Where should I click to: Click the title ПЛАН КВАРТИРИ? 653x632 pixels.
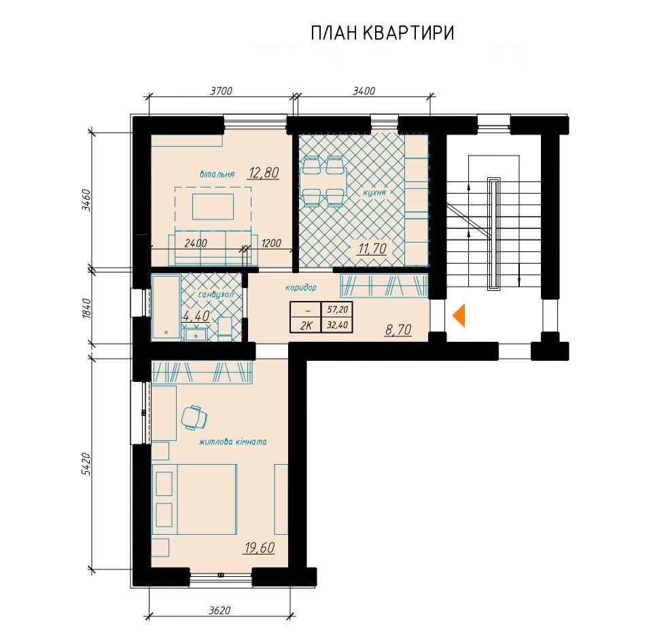pyautogui.click(x=383, y=33)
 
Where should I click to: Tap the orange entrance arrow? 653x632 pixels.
pyautogui.click(x=459, y=315)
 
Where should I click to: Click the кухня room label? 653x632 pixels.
pyautogui.click(x=374, y=192)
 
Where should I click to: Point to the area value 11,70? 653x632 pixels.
pyautogui.click(x=372, y=249)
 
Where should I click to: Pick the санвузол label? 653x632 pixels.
pyautogui.click(x=215, y=294)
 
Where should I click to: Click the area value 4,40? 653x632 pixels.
pyautogui.click(x=196, y=315)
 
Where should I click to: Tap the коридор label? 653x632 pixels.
pyautogui.click(x=301, y=287)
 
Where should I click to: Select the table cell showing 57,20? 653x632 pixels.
pyautogui.click(x=337, y=311)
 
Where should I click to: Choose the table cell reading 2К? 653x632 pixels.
pyautogui.click(x=306, y=326)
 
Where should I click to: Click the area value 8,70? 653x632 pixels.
pyautogui.click(x=399, y=330)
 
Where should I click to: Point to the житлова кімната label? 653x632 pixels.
pyautogui.click(x=233, y=442)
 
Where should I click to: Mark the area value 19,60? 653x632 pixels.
pyautogui.click(x=260, y=548)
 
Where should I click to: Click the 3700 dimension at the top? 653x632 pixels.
pyautogui.click(x=221, y=91)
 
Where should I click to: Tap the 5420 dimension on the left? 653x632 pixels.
pyautogui.click(x=86, y=464)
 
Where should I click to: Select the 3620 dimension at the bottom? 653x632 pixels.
pyautogui.click(x=219, y=610)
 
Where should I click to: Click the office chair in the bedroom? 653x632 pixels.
pyautogui.click(x=195, y=417)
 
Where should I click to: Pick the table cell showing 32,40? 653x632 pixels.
pyautogui.click(x=337, y=326)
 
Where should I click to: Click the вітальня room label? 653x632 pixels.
pyautogui.click(x=217, y=174)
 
